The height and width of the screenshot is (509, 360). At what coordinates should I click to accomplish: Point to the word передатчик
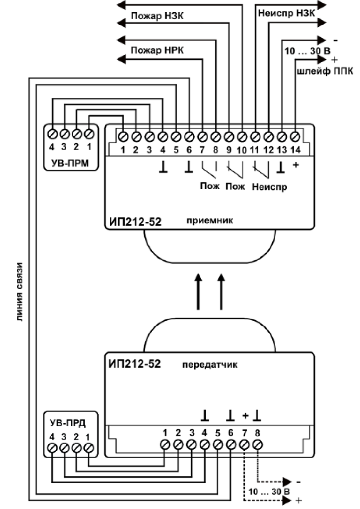tap(210, 364)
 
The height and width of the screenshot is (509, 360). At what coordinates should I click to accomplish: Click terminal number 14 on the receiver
tap(295, 149)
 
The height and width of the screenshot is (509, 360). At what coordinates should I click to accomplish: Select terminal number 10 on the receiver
tap(242, 149)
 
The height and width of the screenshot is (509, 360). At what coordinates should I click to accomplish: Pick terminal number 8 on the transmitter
tap(257, 433)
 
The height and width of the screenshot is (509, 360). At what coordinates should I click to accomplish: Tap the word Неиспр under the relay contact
tap(270, 187)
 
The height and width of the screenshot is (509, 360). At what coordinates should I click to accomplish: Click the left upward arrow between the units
tap(198, 293)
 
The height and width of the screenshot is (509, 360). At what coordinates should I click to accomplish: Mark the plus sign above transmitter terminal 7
tap(245, 416)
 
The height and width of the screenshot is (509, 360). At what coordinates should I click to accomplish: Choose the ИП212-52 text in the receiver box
tap(135, 221)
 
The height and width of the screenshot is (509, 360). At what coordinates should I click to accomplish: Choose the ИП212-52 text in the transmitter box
tap(135, 364)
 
